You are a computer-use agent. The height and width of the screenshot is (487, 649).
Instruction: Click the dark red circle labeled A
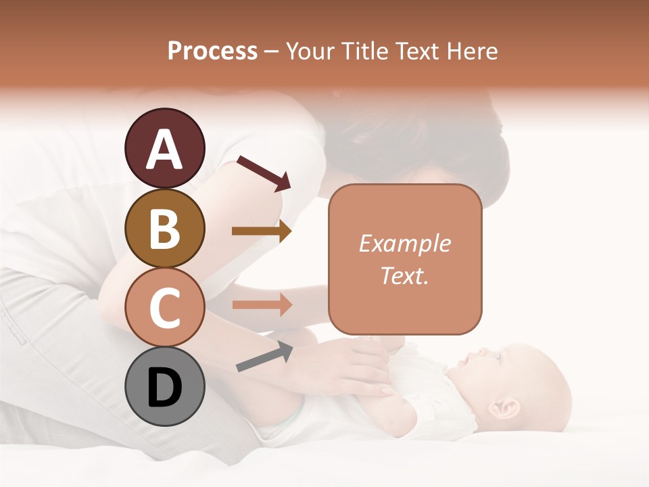(164, 148)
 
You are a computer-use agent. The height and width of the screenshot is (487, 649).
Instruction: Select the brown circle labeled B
(164, 228)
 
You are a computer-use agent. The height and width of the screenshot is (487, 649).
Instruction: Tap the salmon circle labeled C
(164, 307)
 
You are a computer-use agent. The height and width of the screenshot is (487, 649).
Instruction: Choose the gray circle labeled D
(164, 386)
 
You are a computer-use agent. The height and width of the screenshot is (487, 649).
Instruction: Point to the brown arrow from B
(261, 231)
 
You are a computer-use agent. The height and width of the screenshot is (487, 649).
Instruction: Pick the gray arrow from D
(264, 356)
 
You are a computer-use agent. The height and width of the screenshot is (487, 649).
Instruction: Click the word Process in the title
(212, 51)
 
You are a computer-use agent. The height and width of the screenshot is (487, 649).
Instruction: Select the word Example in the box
(404, 243)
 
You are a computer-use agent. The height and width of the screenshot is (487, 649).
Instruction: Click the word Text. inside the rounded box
(404, 275)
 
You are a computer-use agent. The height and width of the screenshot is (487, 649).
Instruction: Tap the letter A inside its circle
(164, 149)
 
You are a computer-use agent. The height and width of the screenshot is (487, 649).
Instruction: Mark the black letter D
(164, 388)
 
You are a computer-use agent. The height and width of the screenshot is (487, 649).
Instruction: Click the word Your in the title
(310, 51)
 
